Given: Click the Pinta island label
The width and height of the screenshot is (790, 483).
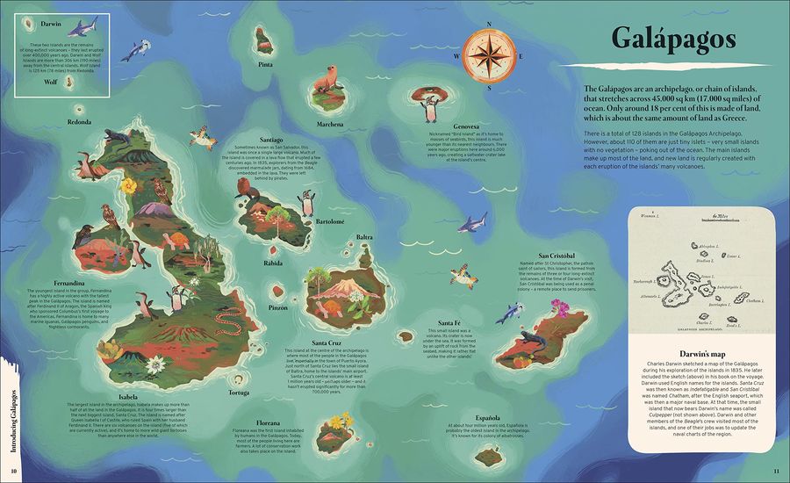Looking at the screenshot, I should click(265, 64).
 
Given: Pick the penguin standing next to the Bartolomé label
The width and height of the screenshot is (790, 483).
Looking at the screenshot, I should click(307, 203).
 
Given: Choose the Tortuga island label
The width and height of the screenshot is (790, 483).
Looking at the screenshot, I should click(239, 393).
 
